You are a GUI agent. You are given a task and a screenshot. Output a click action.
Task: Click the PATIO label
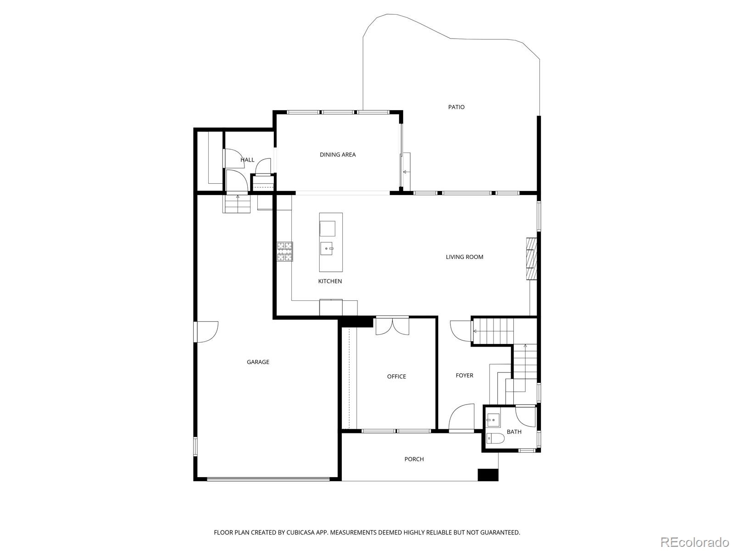click(x=456, y=107)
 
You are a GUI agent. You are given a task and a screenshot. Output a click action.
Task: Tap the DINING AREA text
click(x=338, y=155)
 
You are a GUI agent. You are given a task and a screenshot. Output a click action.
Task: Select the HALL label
click(x=247, y=160)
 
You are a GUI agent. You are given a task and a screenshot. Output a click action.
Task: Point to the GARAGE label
click(x=258, y=362)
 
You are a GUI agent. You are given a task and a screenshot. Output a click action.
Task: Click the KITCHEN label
click(x=330, y=281)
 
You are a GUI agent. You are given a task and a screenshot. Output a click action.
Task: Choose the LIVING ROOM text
click(x=464, y=257)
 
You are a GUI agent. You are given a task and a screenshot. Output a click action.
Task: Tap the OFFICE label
click(x=396, y=377)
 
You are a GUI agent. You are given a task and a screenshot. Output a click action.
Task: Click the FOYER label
click(x=464, y=376)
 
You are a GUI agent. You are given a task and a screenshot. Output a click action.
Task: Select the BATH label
click(x=514, y=432)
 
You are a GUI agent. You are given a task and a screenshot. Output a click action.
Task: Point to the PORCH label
click(x=414, y=459)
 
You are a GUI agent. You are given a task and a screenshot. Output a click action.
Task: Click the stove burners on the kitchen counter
click(x=284, y=252)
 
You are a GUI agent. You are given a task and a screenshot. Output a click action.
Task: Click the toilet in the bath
click(x=495, y=439)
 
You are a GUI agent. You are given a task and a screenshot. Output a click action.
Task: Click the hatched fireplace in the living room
click(x=531, y=258)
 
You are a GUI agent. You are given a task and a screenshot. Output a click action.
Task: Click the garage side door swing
click(x=206, y=331)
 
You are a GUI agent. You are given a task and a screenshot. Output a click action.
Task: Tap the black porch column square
click(x=488, y=475)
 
